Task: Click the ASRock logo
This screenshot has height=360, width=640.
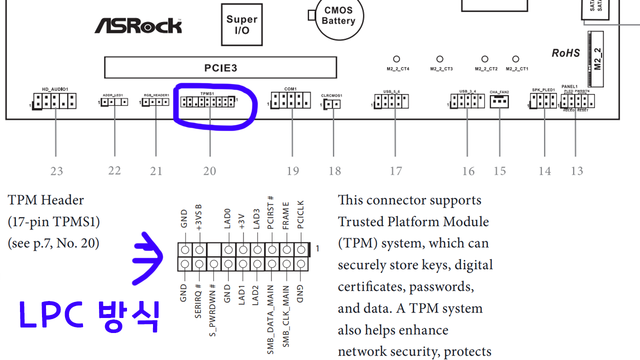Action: (138, 25)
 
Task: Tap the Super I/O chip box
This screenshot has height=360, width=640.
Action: (241, 25)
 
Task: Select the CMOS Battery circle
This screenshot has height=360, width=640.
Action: (338, 16)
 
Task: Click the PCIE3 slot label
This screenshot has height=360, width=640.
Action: (220, 67)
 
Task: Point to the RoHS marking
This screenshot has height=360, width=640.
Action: (565, 53)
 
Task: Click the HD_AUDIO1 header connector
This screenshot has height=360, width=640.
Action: (54, 101)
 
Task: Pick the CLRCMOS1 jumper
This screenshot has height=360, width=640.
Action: (332, 104)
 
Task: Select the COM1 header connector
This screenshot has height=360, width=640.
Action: (290, 100)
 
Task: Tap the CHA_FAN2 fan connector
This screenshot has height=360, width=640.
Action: (499, 101)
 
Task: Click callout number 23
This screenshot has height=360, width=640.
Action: (56, 171)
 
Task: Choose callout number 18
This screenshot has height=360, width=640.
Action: (334, 171)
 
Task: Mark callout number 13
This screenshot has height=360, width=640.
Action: (577, 171)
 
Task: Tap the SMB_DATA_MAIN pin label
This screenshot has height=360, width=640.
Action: (270, 320)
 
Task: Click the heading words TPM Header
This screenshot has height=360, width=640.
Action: (46, 200)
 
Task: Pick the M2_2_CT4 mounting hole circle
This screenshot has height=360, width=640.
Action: (397, 59)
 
